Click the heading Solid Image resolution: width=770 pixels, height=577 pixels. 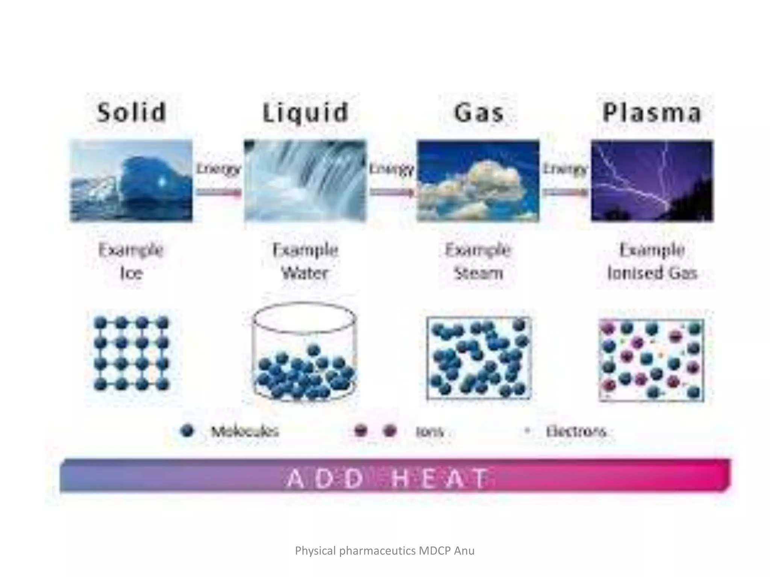[132, 112]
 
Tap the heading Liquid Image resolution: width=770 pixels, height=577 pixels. [305, 112]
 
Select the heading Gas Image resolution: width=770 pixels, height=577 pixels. [479, 112]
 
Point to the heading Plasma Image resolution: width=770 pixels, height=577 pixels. [652, 112]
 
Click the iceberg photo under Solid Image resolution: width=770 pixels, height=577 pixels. [131, 181]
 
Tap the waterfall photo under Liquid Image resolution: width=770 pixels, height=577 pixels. [305, 181]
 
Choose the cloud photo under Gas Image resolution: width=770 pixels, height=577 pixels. [478, 181]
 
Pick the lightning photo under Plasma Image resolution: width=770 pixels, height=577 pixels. [652, 181]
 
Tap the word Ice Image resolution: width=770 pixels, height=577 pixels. [131, 273]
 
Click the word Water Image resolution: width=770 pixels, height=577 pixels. [305, 273]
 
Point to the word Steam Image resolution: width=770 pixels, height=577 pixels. [478, 273]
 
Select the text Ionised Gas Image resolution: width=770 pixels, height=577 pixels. [652, 273]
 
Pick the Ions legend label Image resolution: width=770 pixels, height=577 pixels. [429, 432]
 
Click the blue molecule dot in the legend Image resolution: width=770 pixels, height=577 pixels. [187, 431]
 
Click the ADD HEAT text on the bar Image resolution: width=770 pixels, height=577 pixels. [387, 479]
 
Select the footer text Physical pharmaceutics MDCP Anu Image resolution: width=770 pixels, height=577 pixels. [385, 551]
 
